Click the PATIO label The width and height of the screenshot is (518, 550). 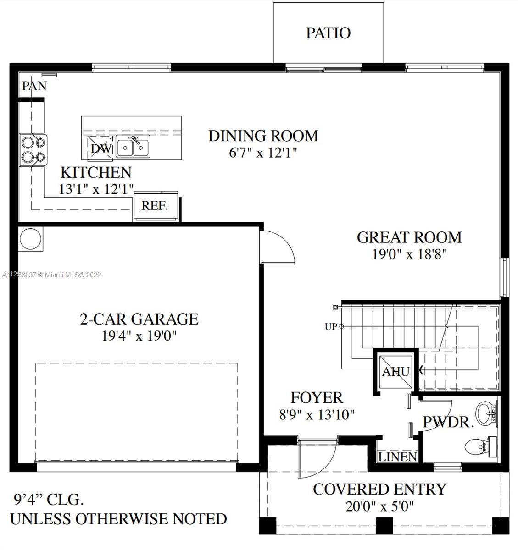(329, 33)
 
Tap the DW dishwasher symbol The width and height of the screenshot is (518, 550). (100, 148)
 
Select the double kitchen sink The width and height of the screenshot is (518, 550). (133, 147)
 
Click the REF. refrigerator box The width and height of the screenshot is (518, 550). (155, 206)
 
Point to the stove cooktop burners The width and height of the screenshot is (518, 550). (33, 150)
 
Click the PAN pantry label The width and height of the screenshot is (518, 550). (34, 86)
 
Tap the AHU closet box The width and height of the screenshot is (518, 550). (395, 372)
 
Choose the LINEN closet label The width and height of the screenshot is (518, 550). (397, 456)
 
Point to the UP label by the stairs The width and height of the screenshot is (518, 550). (331, 327)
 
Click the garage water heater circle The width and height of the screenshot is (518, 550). (30, 239)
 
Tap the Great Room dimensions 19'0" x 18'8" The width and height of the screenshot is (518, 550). (409, 254)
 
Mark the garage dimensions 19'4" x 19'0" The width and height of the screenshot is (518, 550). (139, 336)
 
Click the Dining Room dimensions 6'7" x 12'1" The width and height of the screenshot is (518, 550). (263, 152)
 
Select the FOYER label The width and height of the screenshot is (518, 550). (317, 398)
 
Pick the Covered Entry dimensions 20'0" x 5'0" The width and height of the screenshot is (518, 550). (379, 507)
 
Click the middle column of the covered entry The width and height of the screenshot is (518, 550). (384, 525)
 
